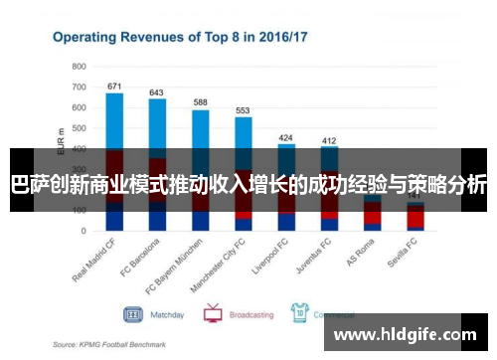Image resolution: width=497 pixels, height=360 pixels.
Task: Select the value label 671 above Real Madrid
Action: click(114, 86)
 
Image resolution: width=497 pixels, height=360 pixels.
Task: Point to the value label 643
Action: click(156, 92)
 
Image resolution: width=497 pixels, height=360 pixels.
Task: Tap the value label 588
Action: click(200, 102)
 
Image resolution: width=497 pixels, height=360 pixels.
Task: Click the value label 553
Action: click(243, 110)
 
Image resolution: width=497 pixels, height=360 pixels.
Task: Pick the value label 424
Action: click(286, 137)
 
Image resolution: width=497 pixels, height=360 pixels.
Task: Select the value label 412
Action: click(329, 141)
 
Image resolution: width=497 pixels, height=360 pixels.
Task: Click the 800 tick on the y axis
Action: click(79, 67)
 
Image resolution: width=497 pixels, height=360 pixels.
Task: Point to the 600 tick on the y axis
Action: click(79, 107)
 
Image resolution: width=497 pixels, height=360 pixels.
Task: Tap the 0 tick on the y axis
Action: click(83, 231)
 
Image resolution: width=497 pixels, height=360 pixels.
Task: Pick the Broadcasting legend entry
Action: click(249, 314)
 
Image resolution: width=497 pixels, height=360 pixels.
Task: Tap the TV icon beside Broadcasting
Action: click(212, 313)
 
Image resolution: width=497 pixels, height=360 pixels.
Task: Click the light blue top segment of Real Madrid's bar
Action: click(114, 120)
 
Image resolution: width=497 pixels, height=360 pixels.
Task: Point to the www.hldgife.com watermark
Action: click(403, 335)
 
